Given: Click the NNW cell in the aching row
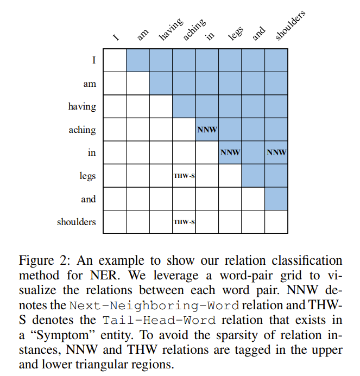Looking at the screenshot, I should pos(207,130).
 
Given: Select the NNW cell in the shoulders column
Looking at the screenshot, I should pos(276,153).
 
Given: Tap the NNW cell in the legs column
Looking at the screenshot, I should pos(230,153).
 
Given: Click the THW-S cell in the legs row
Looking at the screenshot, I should pos(184,176).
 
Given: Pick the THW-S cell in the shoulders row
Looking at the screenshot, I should pos(184,222).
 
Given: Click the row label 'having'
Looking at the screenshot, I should pos(82,107).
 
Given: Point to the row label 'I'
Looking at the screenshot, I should pos(94,61).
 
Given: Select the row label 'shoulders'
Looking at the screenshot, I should pos(77,222).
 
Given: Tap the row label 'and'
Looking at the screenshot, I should pos(89,199).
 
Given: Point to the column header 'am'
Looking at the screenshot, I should pos(143,35).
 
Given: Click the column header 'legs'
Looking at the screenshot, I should pos(236,34).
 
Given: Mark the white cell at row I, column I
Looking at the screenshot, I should pos(115,61).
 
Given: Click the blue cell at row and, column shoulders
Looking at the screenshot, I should pos(276,199).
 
